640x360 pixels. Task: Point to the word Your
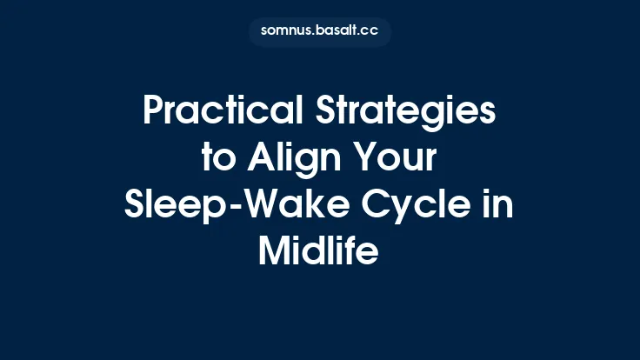click(400, 160)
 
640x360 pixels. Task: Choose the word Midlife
click(319, 252)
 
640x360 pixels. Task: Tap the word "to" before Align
click(214, 160)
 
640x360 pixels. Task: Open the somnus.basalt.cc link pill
click(319, 31)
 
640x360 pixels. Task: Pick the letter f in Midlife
click(351, 252)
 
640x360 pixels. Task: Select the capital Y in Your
click(363, 160)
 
